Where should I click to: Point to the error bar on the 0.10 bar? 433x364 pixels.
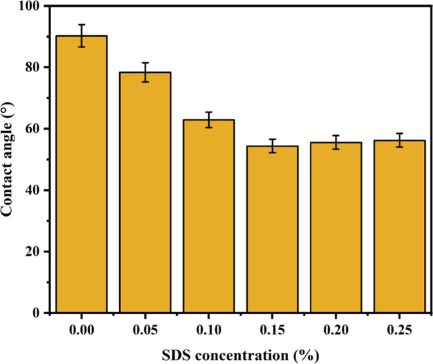tap(208, 119)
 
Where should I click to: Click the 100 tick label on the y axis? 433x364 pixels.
tap(29, 6)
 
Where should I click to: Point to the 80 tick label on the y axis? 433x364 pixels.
tap(31, 67)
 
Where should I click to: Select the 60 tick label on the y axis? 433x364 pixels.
tap(31, 129)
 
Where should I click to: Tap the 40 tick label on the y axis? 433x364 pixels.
tap(31, 190)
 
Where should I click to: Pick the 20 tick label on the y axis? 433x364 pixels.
tap(31, 252)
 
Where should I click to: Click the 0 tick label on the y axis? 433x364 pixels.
tap(35, 313)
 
